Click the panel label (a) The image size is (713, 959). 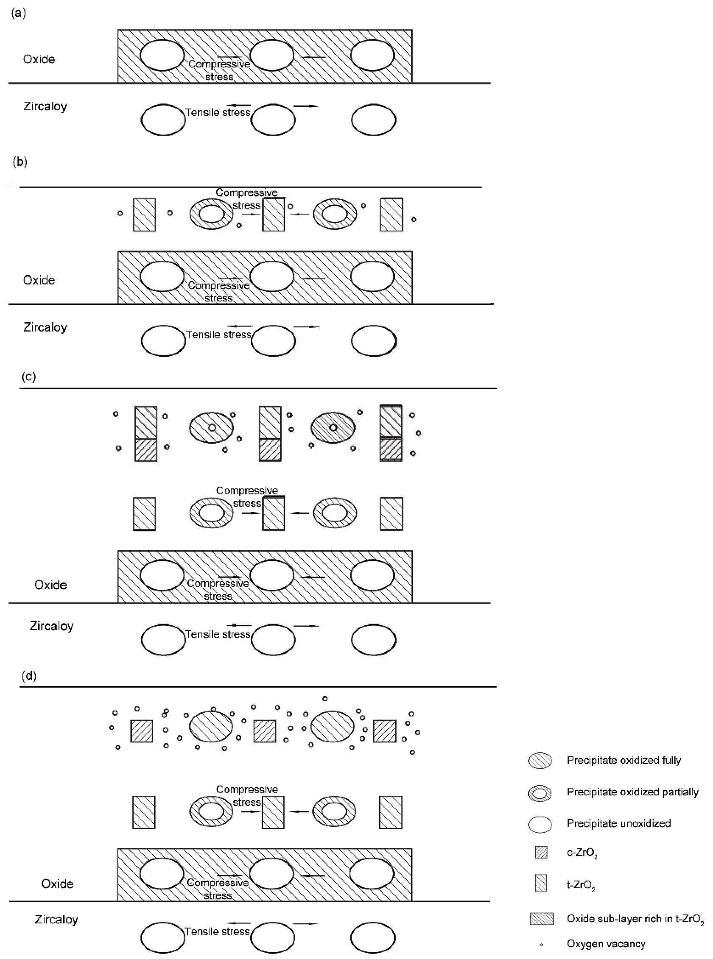point(19,14)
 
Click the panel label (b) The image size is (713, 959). point(20,162)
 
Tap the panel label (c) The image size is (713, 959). point(29,376)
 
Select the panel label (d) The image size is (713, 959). point(29,675)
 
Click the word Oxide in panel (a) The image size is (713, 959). point(39,59)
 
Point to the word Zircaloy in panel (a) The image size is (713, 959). point(45,106)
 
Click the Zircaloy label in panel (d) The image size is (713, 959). point(56,919)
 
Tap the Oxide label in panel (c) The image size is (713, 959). point(50,585)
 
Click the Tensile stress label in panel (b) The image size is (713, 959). point(218,335)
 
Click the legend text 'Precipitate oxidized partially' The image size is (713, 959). point(632,792)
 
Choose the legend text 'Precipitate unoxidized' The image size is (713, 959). point(618,823)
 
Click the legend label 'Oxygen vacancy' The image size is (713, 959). point(606,944)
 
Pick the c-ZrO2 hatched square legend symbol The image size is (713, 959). point(541,853)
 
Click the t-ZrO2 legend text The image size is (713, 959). point(581,885)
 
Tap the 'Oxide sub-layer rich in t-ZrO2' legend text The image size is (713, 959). point(635,919)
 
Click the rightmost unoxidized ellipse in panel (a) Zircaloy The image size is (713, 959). point(373,120)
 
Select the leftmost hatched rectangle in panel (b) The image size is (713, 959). point(144,215)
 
